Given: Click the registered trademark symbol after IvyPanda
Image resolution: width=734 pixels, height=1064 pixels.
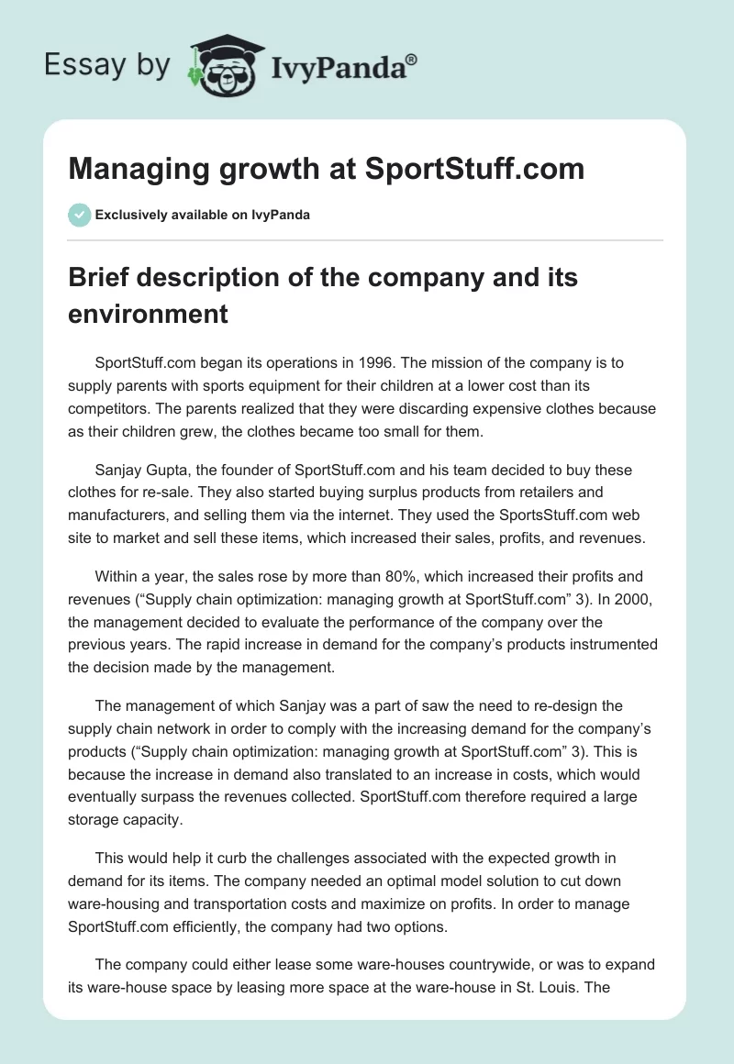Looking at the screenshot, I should (412, 60).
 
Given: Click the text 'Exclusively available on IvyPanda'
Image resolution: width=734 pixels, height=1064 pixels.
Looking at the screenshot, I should (202, 216).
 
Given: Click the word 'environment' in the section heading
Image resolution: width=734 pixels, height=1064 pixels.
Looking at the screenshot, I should (148, 314).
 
